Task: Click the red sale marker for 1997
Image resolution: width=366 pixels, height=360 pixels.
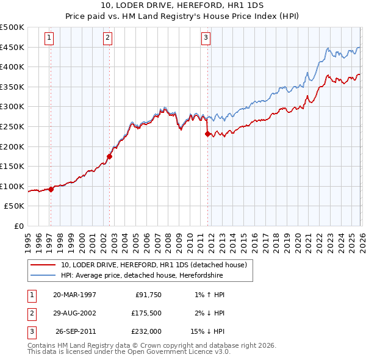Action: coord(51,189)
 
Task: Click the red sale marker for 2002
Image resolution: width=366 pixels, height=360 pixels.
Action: coord(109,156)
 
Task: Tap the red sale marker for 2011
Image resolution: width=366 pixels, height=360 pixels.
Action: coord(207,134)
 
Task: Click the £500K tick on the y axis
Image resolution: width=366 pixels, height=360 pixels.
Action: coord(12,27)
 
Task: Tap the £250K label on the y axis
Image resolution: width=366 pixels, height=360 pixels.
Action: coord(12,126)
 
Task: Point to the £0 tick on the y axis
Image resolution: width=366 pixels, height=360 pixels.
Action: coord(20,226)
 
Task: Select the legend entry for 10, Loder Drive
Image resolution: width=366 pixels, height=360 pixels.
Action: coord(153,265)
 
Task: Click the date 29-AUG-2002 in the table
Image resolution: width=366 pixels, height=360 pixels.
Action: coord(74,313)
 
